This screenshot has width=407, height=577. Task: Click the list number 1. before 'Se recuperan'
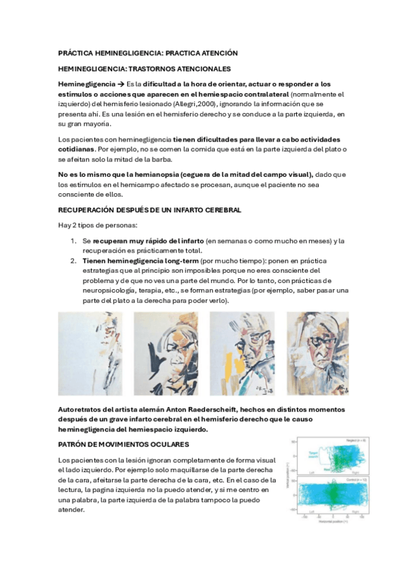74,241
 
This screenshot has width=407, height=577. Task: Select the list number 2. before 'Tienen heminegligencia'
74,261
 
